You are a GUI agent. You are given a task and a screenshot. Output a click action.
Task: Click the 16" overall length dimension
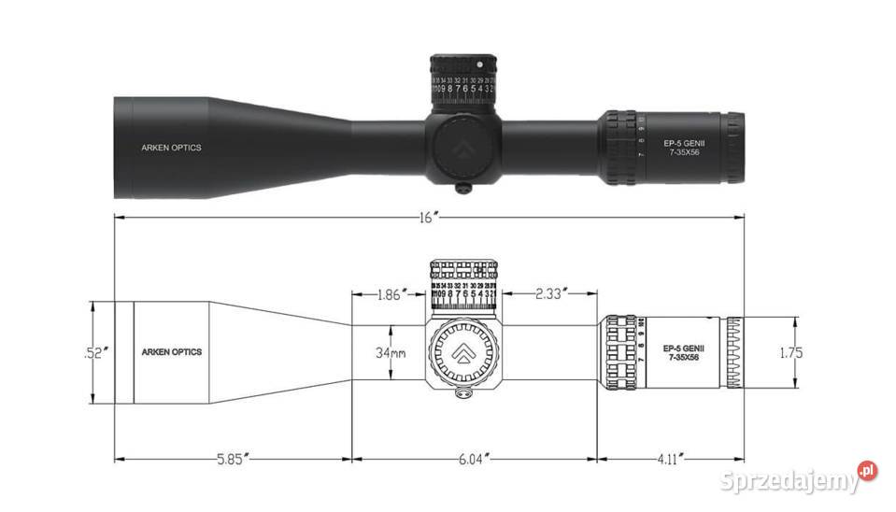(429, 217)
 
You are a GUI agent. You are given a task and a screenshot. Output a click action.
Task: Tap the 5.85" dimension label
(233, 459)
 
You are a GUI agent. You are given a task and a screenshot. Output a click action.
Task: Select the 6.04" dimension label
(475, 459)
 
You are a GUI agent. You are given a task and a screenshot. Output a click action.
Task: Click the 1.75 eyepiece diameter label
(789, 352)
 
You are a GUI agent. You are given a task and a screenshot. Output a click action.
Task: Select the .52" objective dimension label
(96, 353)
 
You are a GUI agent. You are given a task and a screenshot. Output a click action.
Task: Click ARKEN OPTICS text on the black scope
(171, 148)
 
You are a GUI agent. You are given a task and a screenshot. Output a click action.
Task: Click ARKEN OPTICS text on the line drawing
(171, 352)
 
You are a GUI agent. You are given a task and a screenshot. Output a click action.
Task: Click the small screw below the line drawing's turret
(462, 393)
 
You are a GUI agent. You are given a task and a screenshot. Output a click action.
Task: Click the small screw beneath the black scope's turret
(462, 188)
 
